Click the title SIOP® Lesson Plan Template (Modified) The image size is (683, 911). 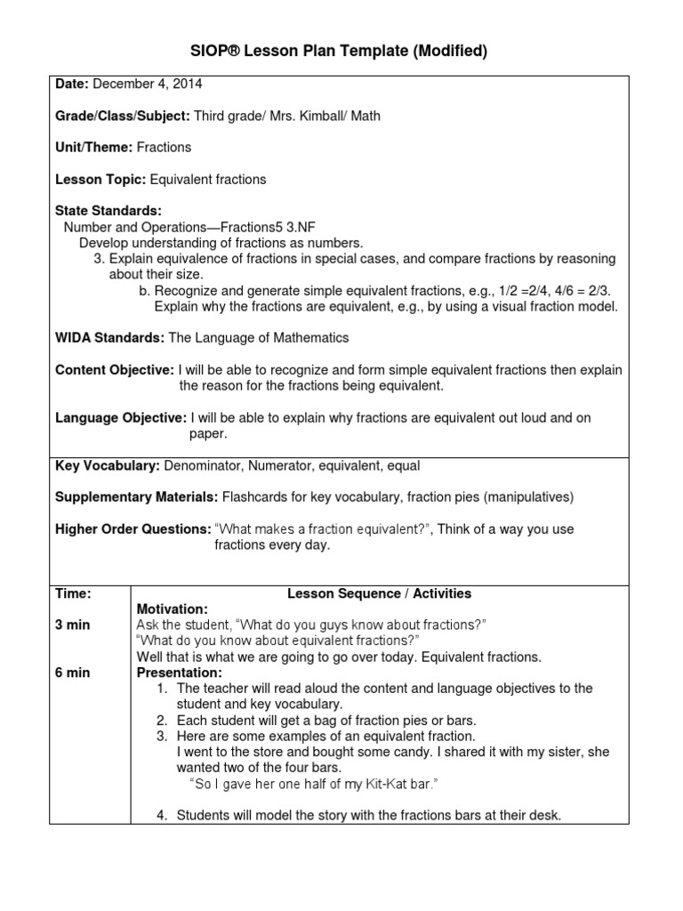(x=341, y=52)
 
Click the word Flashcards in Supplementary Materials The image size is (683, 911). (x=253, y=496)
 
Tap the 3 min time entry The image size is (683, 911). (x=73, y=625)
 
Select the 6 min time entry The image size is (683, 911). (x=73, y=673)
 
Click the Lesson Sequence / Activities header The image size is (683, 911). (x=379, y=593)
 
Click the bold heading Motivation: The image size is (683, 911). (x=172, y=609)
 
